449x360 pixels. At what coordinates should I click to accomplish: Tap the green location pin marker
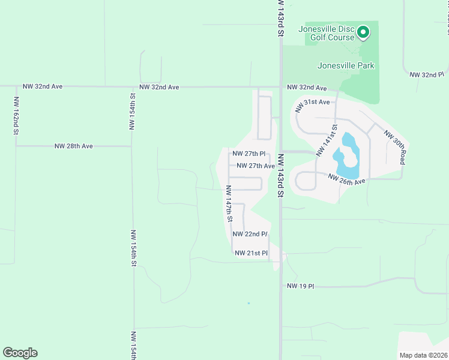click(363, 32)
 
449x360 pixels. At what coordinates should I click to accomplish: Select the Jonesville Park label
click(346, 65)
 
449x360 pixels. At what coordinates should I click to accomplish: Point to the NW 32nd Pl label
click(426, 75)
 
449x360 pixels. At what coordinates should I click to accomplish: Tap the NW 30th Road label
click(396, 148)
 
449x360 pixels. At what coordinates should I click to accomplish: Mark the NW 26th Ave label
click(346, 179)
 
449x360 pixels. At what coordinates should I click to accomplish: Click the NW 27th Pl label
click(249, 154)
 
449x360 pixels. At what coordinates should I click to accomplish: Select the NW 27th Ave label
click(256, 166)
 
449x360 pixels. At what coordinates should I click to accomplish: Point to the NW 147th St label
click(229, 204)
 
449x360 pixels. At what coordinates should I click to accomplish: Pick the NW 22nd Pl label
click(249, 234)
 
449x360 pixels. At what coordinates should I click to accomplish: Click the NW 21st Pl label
click(250, 253)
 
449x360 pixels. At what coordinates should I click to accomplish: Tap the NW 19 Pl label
click(300, 286)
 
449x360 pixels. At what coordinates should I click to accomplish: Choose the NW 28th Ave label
click(73, 146)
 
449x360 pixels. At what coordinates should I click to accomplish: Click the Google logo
click(20, 353)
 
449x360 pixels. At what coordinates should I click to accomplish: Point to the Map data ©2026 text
click(423, 355)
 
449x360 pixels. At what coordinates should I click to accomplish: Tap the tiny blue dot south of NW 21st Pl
click(249, 303)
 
